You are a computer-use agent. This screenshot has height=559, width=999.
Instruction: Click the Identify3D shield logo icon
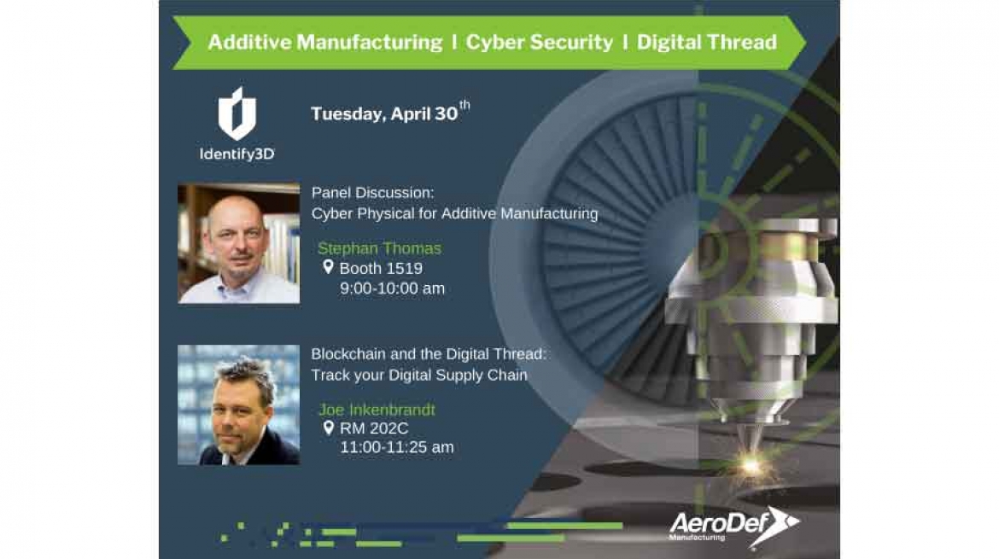tap(237, 114)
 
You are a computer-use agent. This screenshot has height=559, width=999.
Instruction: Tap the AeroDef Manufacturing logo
tap(734, 526)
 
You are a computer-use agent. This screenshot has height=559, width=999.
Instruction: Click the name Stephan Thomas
tap(379, 248)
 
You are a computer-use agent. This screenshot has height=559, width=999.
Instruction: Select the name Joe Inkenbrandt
tap(377, 410)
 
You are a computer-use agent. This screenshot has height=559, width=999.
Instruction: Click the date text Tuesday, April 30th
tap(390, 112)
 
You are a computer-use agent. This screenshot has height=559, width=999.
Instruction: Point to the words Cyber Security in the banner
tap(539, 42)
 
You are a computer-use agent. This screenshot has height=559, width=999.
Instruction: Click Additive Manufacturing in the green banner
tap(325, 42)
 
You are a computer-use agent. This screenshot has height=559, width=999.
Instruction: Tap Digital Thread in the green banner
tap(707, 42)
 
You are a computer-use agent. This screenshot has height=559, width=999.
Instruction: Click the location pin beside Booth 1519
tap(328, 267)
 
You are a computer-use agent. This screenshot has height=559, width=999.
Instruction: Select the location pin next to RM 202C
tap(328, 428)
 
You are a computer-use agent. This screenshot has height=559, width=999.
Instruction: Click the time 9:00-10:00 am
tap(392, 288)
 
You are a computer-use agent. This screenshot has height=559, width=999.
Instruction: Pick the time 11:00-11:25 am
tap(397, 447)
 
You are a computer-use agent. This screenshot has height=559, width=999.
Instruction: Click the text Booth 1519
tap(381, 268)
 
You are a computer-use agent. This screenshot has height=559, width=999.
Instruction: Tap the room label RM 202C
tap(374, 428)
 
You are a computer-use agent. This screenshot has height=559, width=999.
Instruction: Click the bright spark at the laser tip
tap(751, 467)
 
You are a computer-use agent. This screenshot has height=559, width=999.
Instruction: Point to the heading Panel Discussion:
tap(372, 193)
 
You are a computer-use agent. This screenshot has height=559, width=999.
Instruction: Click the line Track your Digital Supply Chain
tap(419, 375)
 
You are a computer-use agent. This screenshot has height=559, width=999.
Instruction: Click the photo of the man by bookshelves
tap(239, 243)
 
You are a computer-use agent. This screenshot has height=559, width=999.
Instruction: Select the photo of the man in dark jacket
tap(239, 405)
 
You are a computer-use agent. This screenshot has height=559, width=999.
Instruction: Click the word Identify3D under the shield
tap(237, 154)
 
